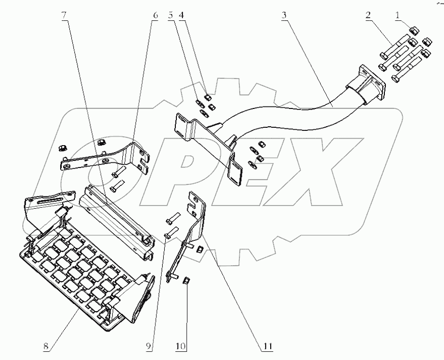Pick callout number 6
pos(155,16)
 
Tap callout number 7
pos(64,16)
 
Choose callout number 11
pos(267,347)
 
